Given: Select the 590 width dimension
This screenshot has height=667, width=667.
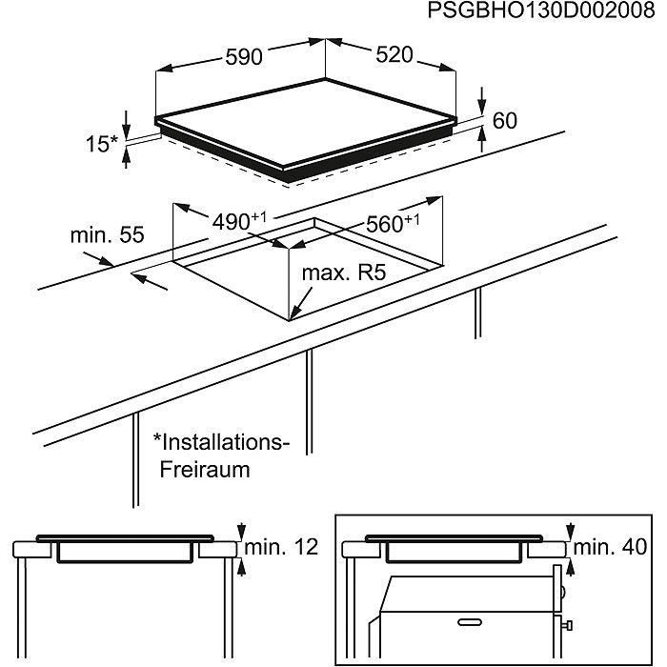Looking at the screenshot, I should pos(243,57).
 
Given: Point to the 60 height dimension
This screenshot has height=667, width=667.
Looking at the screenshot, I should pos(505,121).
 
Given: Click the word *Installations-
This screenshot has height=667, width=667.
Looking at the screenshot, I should pos(220,442).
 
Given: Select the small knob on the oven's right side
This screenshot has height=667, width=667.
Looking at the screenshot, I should pos(569,626).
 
